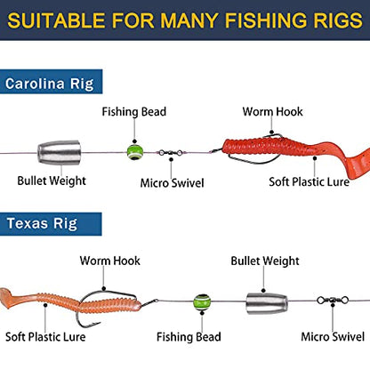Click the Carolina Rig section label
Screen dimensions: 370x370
pos(50,84)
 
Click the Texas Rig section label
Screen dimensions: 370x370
pos(42,223)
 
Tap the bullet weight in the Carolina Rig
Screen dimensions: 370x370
pos(60,152)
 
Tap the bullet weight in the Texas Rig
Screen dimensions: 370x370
pos(267,304)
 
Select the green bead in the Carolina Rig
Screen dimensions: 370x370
pos(135,152)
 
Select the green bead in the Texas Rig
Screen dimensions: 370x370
pos(202,302)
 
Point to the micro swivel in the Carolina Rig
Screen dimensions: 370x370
pos(171,153)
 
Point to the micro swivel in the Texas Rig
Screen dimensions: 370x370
pos(333,301)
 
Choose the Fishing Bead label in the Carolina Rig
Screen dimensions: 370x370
pos(134,112)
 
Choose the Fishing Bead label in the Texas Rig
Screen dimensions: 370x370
pos(189,337)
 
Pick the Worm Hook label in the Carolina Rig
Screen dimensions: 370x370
pos(272,112)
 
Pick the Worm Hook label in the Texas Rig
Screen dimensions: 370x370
pos(109,261)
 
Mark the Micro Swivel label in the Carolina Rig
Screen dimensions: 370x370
pos(172,183)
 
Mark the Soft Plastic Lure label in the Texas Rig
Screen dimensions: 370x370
pos(45,337)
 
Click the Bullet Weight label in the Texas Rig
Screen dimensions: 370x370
pos(265,261)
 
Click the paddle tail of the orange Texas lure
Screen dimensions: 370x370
pos(8,298)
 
